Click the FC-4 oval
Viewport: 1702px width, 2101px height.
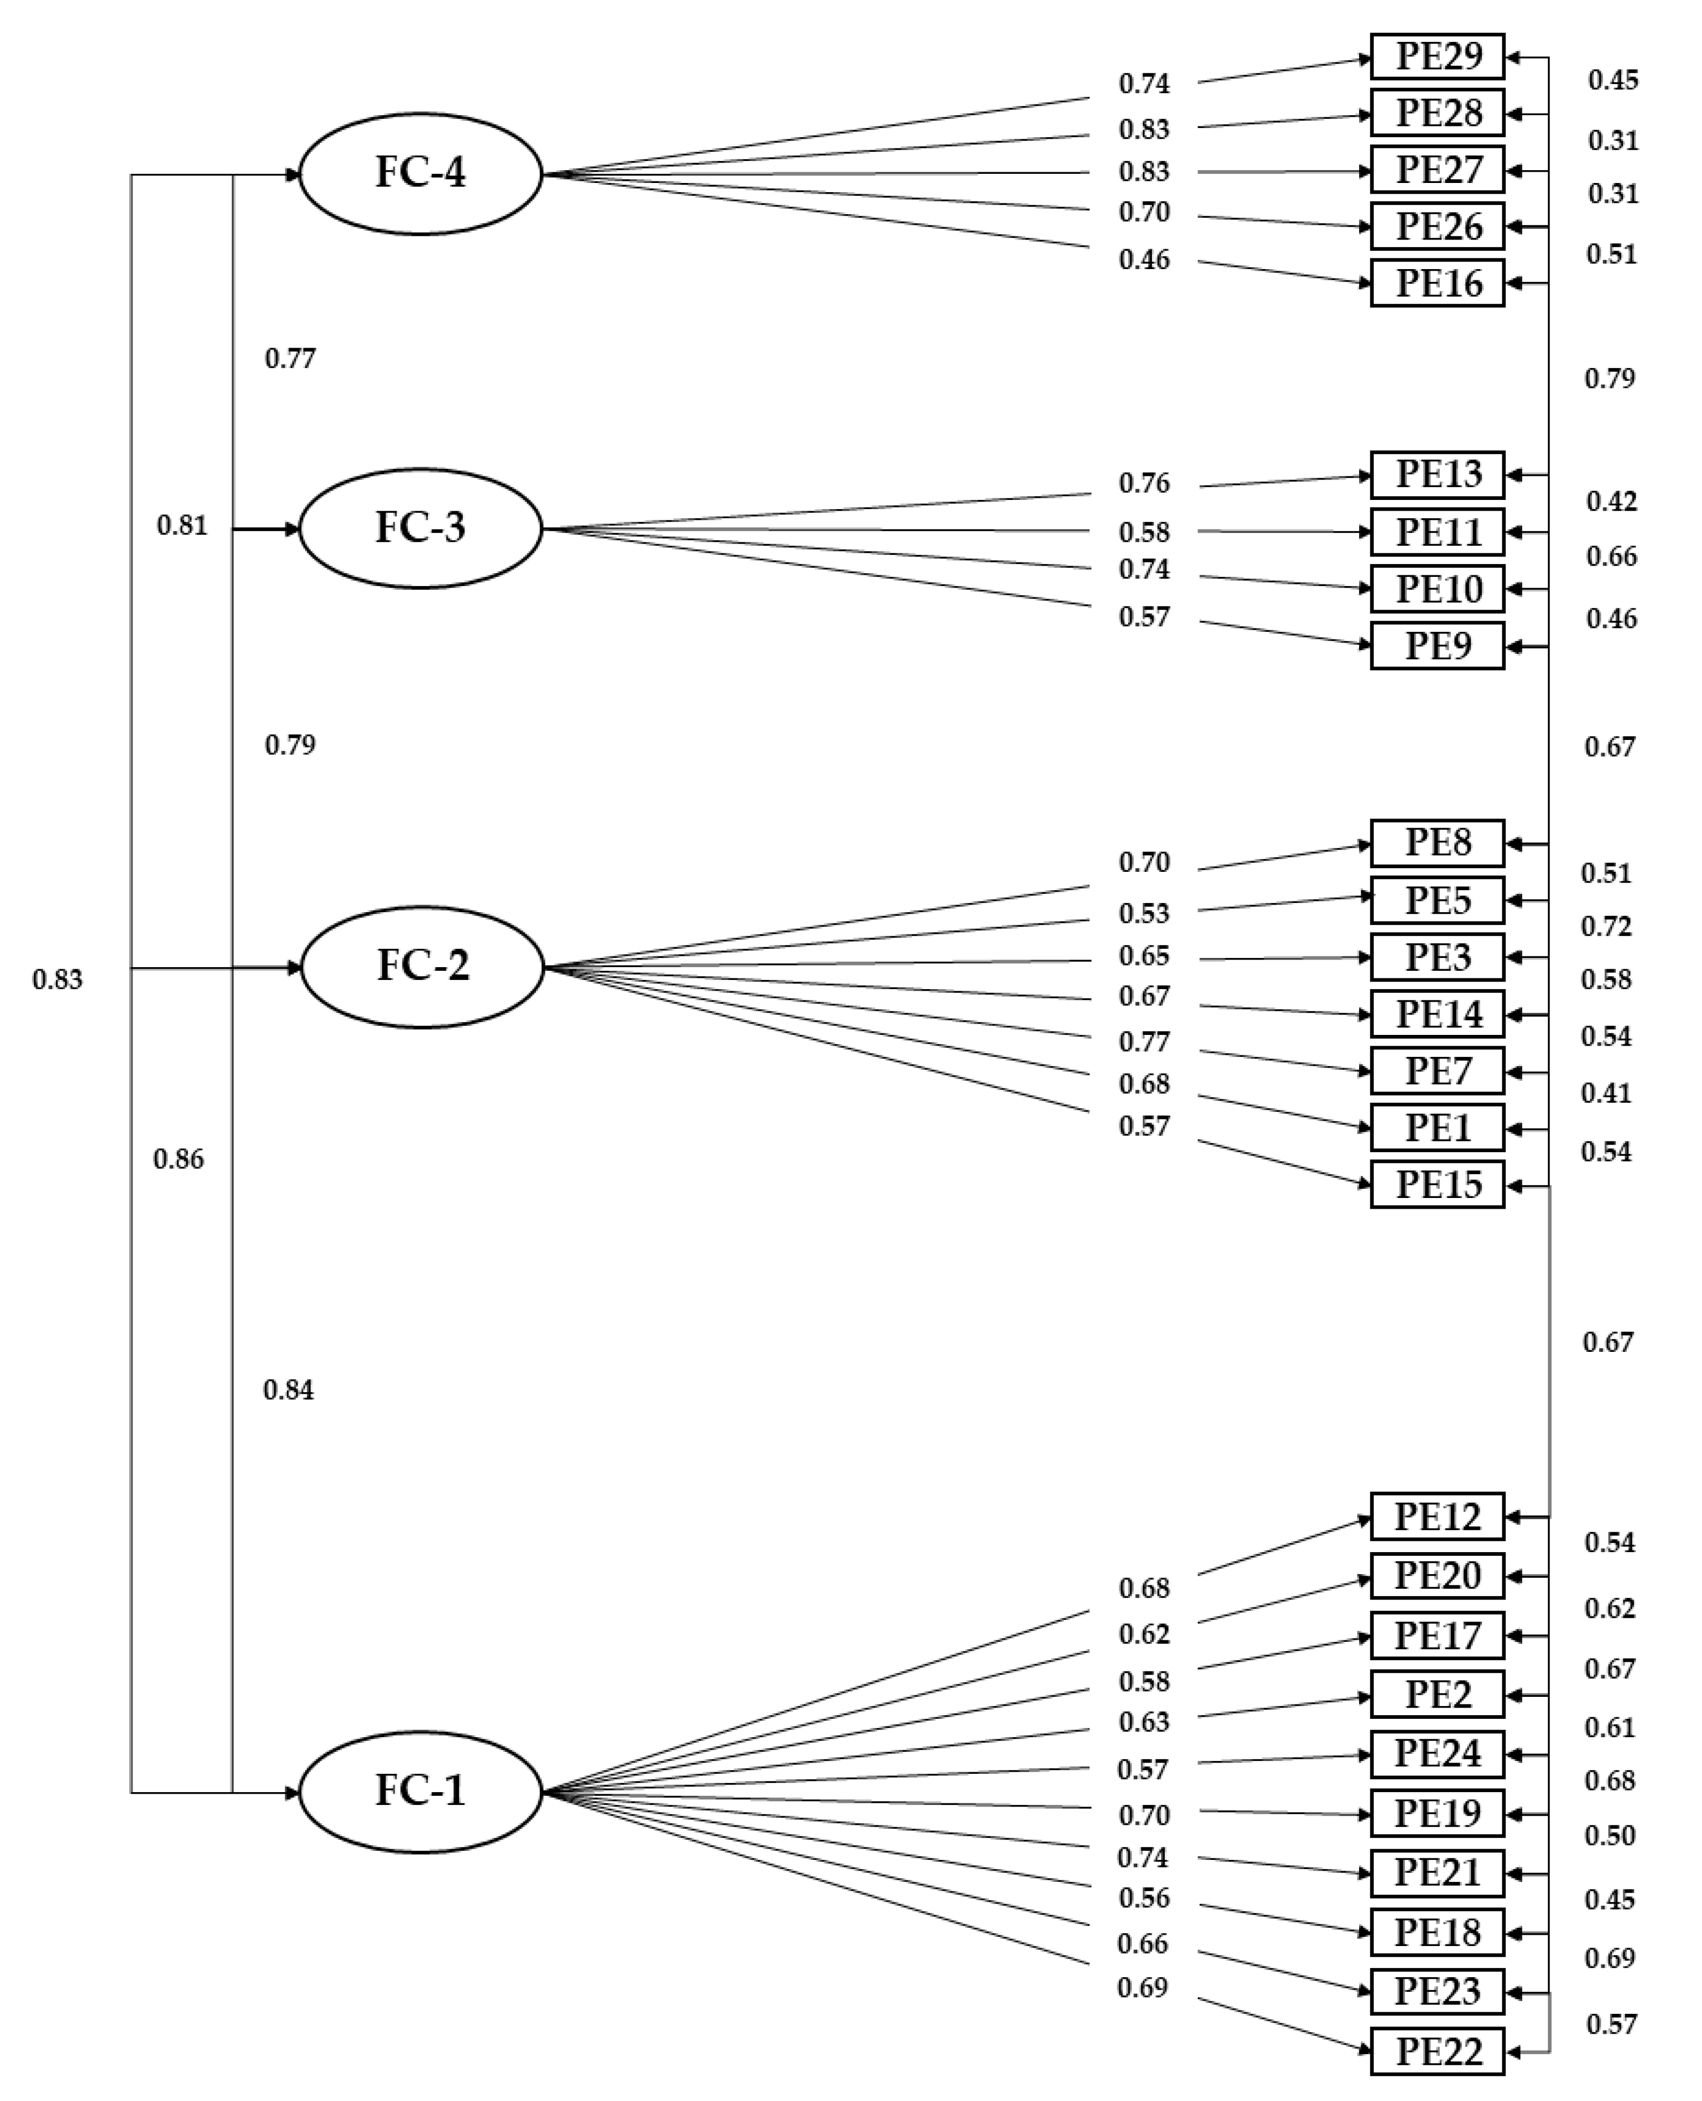tap(420, 173)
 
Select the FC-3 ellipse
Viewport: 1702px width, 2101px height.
tap(420, 528)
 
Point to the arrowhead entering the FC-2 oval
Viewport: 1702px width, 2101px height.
tap(293, 968)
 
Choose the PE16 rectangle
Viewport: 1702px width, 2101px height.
tap(1437, 283)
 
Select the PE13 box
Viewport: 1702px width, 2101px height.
tap(1437, 475)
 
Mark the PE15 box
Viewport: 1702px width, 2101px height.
tap(1437, 1185)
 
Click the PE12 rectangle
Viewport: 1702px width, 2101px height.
tap(1437, 1517)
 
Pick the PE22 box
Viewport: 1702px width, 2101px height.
tap(1437, 2051)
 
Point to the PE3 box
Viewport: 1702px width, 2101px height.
tap(1437, 957)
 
